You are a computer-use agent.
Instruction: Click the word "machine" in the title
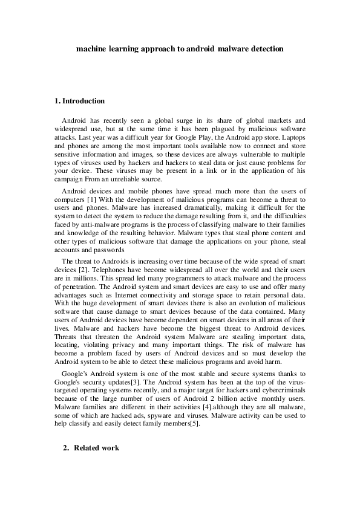[90, 47]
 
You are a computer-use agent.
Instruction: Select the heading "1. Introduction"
[79, 101]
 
